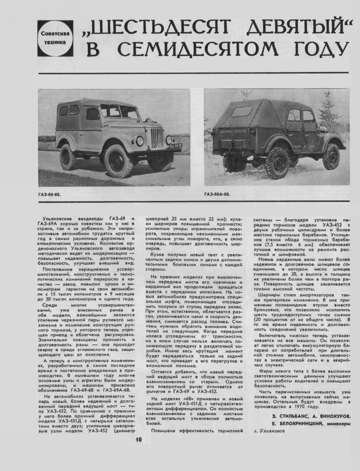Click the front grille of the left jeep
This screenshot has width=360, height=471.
pos(156,138)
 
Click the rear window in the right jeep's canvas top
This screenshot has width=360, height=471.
pos(241,111)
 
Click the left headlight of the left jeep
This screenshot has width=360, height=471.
pos(140,140)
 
